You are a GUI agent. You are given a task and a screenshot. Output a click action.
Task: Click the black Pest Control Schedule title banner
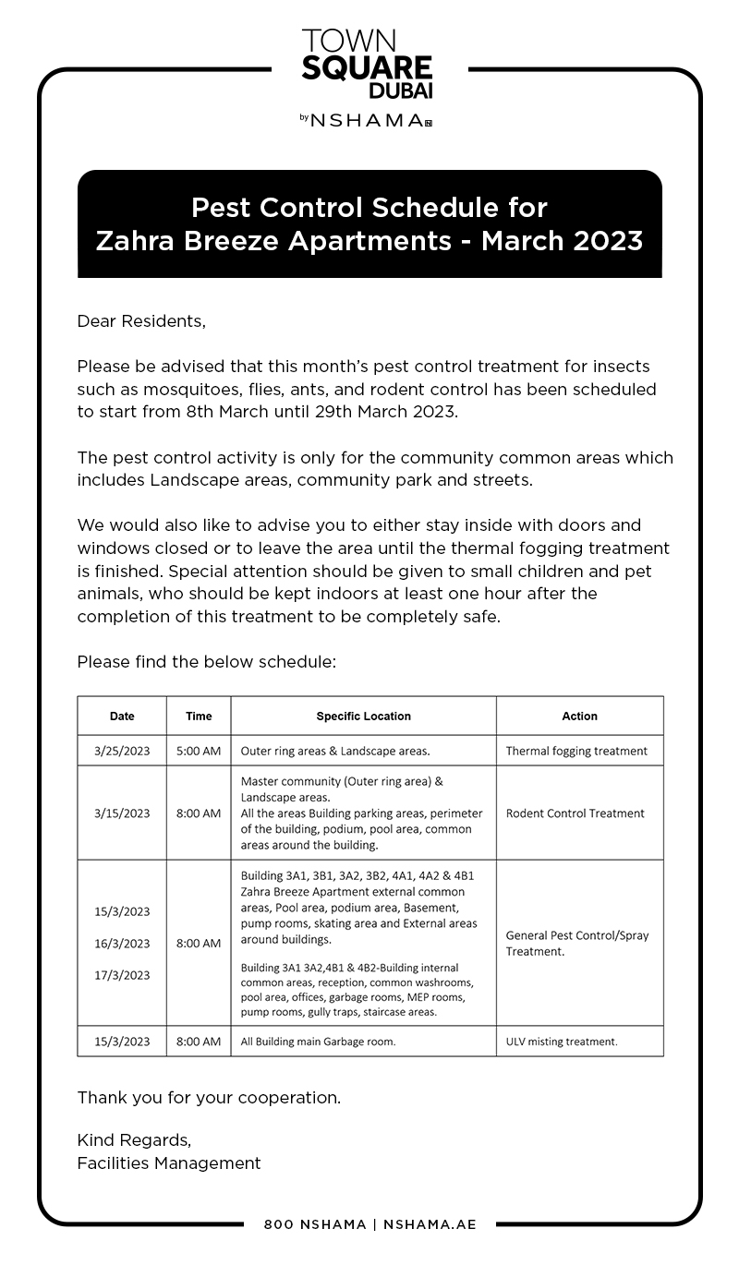click(369, 223)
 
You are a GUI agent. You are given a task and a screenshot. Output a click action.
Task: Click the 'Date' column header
click(122, 716)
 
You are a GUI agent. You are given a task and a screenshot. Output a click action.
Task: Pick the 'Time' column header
click(199, 716)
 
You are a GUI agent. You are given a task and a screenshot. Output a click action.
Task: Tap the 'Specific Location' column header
click(363, 716)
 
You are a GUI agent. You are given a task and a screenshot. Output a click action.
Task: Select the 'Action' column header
click(579, 716)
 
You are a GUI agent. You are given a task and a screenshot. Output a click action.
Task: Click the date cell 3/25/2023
click(122, 751)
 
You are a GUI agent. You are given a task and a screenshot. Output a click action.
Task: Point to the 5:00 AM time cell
click(199, 751)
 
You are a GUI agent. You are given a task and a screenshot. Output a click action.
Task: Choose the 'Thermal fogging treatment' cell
click(576, 751)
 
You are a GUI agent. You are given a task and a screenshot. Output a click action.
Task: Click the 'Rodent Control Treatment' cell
click(575, 813)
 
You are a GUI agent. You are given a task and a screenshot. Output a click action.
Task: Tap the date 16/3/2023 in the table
click(122, 944)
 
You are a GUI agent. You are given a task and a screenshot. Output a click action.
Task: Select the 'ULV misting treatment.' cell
click(562, 1042)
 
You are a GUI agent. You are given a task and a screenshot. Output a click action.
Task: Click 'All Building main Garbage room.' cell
click(318, 1042)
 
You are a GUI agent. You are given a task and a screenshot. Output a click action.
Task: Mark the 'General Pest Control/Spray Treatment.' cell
click(577, 943)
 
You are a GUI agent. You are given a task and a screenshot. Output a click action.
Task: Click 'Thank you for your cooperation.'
click(209, 1098)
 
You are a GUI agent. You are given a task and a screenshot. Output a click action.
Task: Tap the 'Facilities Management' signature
click(169, 1163)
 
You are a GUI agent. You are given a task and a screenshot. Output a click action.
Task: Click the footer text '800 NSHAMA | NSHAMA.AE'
click(369, 1224)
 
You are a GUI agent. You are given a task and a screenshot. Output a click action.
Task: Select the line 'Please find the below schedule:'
click(207, 662)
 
